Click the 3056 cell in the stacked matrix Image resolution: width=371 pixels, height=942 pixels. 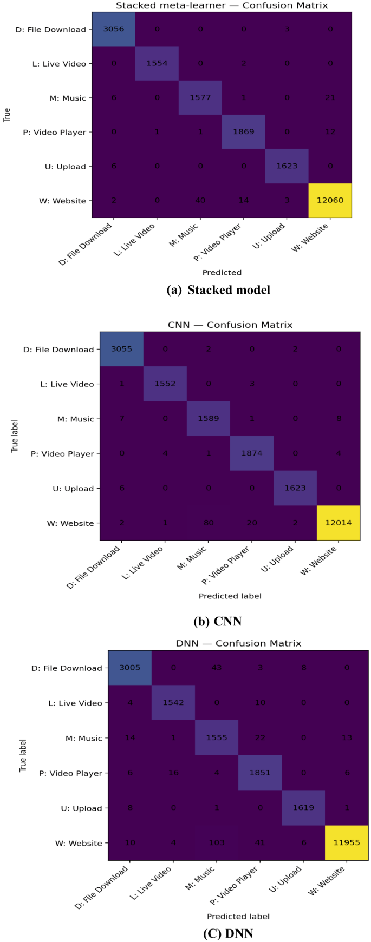click(x=114, y=29)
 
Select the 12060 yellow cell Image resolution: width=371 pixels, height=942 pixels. click(x=330, y=200)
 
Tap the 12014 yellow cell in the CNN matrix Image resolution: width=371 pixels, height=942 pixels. click(x=338, y=523)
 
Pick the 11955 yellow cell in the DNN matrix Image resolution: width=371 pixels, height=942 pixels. click(x=346, y=842)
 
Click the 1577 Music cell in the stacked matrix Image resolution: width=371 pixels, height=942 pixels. click(x=200, y=97)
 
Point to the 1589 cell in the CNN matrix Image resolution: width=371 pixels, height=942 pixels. click(x=209, y=419)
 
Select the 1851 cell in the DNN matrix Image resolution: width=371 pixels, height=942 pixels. click(x=260, y=773)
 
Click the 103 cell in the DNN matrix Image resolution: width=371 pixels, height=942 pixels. click(x=217, y=842)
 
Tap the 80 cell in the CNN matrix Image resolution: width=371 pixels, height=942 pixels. click(x=209, y=523)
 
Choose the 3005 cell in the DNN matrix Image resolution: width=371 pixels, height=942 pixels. click(x=130, y=668)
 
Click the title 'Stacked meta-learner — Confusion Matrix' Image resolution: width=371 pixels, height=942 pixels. click(x=222, y=5)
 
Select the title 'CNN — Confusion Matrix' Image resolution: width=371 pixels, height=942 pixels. click(x=230, y=325)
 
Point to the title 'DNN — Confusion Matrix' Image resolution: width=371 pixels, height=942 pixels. click(x=238, y=643)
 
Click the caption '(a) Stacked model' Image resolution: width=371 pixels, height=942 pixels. click(x=218, y=290)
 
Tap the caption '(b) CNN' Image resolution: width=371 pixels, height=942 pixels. click(x=217, y=621)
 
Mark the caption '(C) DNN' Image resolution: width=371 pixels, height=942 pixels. click(x=228, y=933)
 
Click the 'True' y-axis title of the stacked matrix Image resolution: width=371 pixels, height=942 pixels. click(x=7, y=115)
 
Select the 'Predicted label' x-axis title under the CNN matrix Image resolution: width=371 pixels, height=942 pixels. click(x=230, y=596)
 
